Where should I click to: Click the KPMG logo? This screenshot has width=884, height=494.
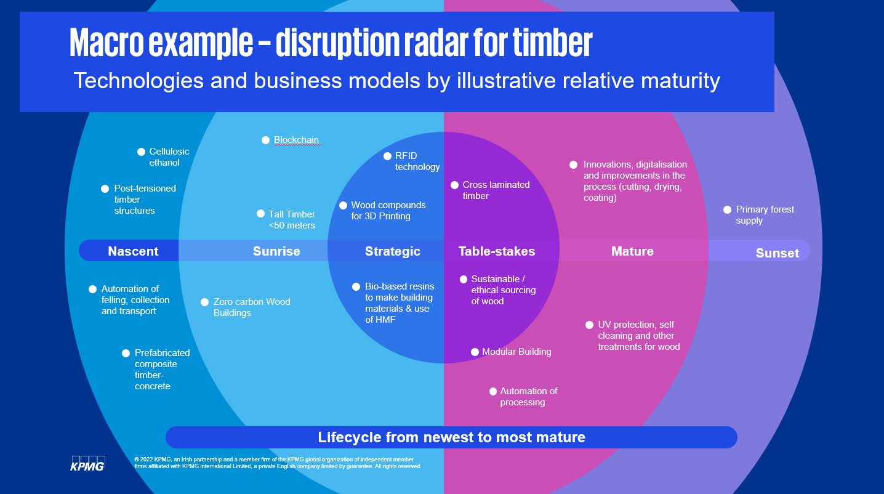tap(87, 463)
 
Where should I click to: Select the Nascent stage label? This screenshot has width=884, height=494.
tap(133, 251)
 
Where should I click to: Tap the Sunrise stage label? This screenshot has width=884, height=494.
tap(276, 251)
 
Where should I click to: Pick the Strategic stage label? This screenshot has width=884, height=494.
tap(392, 251)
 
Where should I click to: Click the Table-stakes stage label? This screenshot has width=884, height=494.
tap(497, 251)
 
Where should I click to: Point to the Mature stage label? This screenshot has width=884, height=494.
tap(632, 251)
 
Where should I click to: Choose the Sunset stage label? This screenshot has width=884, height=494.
tap(777, 253)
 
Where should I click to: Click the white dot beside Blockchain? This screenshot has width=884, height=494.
tap(266, 140)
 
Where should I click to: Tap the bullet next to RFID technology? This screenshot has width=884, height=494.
tap(387, 156)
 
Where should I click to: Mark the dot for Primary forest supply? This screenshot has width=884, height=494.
tap(728, 210)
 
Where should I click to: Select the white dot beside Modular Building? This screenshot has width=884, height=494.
tap(475, 352)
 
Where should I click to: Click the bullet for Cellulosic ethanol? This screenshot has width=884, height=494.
tap(141, 152)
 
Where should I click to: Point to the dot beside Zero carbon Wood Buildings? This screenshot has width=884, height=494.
tap(205, 302)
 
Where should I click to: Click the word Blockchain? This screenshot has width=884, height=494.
tap(296, 140)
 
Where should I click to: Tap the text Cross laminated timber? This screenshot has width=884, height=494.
tap(496, 190)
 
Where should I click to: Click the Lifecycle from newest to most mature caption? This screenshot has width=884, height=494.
tap(451, 437)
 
